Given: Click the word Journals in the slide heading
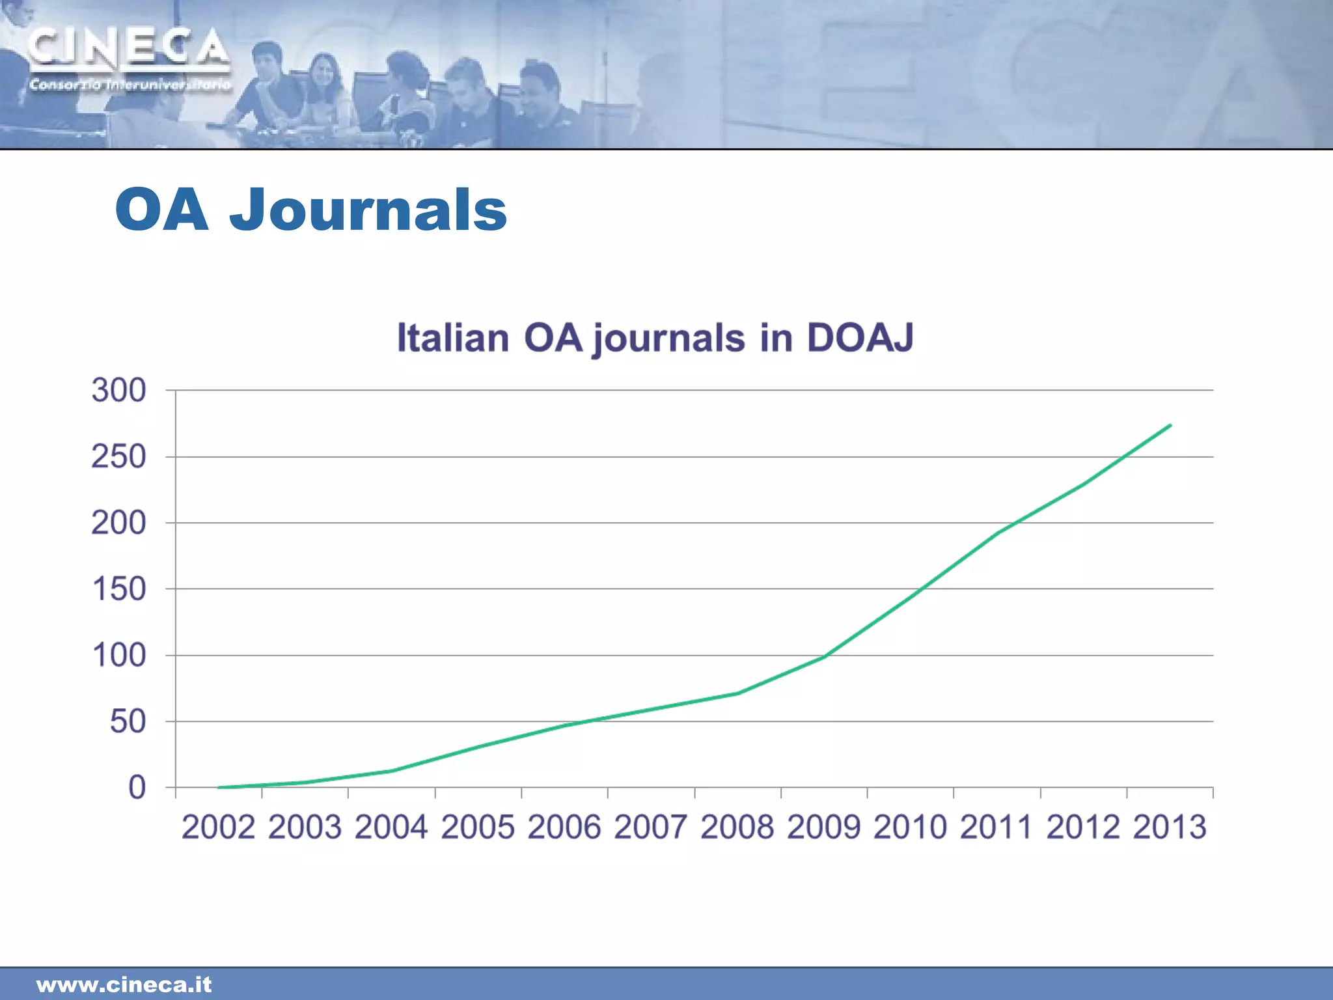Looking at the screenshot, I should [368, 210].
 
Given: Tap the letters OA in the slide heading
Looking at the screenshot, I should [162, 210].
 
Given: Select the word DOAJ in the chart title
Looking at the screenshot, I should [860, 337].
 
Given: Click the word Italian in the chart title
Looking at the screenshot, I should [453, 337].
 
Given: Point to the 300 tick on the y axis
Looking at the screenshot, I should [118, 391].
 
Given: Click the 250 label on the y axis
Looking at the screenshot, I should [118, 457].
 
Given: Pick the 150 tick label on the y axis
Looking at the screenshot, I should [118, 589].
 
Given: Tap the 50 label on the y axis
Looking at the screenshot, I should [128, 721].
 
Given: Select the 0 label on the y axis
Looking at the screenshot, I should [137, 788].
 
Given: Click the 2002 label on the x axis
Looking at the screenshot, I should [218, 827].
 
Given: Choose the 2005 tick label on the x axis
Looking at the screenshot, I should [478, 827].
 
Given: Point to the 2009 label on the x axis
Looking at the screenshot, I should [823, 827].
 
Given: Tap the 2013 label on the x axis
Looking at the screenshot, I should [1170, 827].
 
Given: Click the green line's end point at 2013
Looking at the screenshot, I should [1170, 425].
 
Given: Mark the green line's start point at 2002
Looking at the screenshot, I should [219, 787].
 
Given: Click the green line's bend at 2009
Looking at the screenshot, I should [824, 656].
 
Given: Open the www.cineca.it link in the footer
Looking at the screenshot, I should [124, 984].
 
